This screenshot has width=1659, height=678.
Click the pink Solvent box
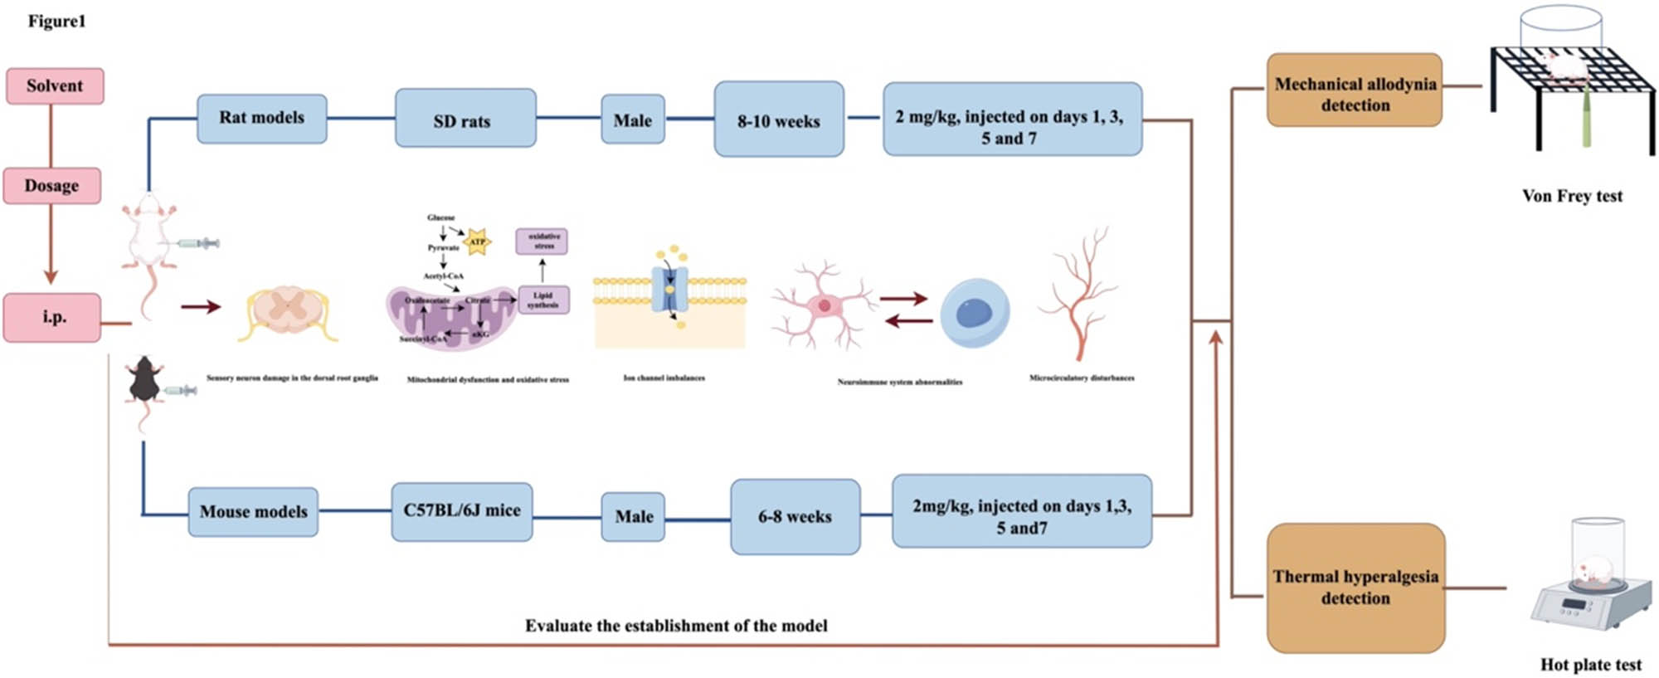(x=55, y=86)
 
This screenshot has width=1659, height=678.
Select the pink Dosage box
(x=51, y=186)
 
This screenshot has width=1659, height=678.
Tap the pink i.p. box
(x=52, y=317)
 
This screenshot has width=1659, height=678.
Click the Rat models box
(x=261, y=119)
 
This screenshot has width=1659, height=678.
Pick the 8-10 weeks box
(x=778, y=120)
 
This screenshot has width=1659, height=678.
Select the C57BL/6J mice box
(x=461, y=511)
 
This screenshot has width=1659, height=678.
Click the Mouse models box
(x=253, y=512)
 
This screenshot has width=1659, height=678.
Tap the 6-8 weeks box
(x=795, y=516)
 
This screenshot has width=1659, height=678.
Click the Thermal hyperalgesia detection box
(x=1355, y=588)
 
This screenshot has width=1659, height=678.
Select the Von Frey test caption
(x=1572, y=196)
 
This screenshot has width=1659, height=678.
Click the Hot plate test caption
(x=1590, y=665)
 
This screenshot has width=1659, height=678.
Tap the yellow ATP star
(x=477, y=241)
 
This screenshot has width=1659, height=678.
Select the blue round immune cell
(x=975, y=312)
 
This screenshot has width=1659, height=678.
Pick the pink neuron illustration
(x=823, y=306)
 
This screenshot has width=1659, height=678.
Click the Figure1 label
(x=56, y=22)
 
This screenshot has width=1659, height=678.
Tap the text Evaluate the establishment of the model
(x=676, y=626)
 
